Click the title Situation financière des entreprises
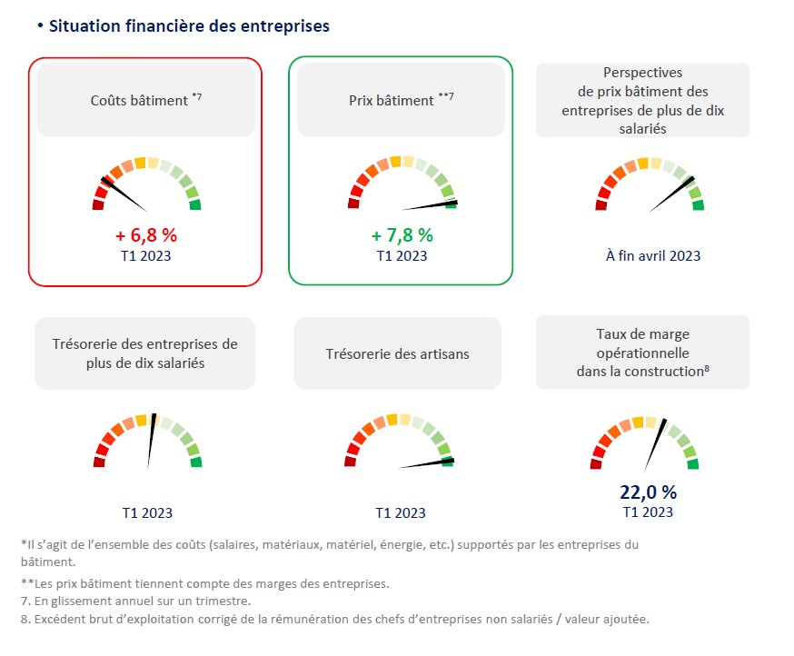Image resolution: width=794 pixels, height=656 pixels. [189, 26]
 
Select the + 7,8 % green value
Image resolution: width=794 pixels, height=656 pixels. [402, 235]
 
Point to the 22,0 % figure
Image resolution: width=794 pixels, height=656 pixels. [648, 492]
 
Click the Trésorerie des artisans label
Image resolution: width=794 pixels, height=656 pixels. [398, 353]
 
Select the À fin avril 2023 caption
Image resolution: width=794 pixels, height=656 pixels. [653, 256]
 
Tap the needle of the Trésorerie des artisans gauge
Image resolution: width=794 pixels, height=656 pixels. [427, 463]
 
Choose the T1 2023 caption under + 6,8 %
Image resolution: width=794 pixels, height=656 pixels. [146, 255]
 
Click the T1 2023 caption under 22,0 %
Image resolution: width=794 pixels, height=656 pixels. [648, 512]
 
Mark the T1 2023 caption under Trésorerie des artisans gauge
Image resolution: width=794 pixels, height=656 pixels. [401, 513]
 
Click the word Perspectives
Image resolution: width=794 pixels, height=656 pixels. [642, 73]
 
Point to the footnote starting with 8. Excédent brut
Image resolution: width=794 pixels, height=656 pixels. [335, 620]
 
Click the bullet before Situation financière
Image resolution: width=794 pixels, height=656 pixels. [40, 25]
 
